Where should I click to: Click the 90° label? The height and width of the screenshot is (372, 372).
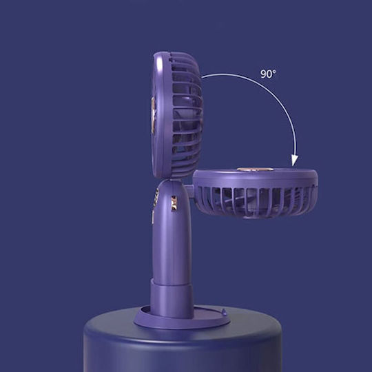click(269, 74)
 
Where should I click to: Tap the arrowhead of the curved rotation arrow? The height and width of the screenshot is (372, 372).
click(295, 161)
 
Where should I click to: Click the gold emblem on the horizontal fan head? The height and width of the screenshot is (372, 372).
click(255, 169)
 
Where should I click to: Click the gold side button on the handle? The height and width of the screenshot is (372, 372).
click(174, 203)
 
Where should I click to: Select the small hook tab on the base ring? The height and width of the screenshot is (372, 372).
click(223, 312)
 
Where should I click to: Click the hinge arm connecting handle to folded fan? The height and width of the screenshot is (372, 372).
click(189, 189)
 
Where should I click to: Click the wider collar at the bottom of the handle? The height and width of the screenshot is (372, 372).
click(172, 298)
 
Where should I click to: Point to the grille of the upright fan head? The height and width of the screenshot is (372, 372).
click(186, 115)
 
